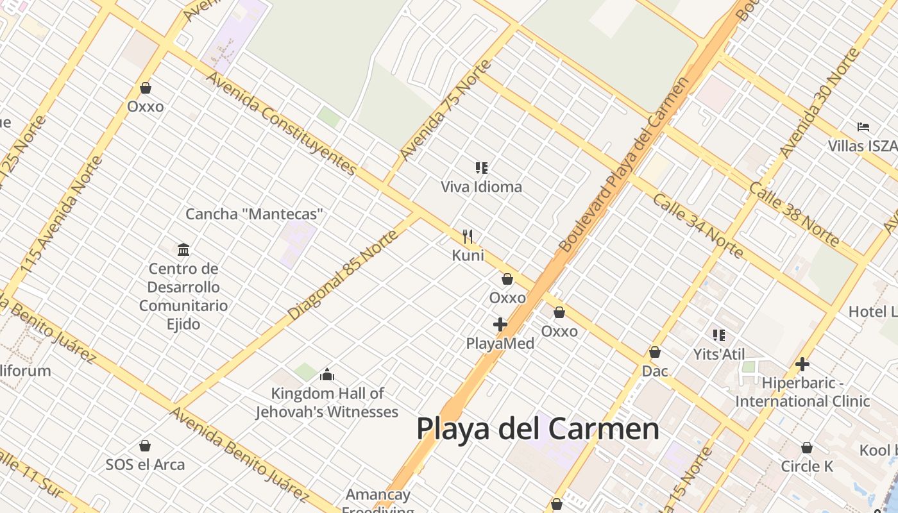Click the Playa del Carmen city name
click(x=538, y=428)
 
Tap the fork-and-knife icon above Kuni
click(x=468, y=237)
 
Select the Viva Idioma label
click(x=481, y=187)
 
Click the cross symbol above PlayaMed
click(x=500, y=324)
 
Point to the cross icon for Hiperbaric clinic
click(x=802, y=364)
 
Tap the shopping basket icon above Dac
click(x=655, y=352)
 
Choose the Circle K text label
click(x=806, y=466)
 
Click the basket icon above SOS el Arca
click(x=145, y=446)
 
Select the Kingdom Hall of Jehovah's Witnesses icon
click(x=327, y=374)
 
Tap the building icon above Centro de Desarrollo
click(x=183, y=249)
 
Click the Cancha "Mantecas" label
click(x=254, y=214)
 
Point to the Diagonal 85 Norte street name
click(x=343, y=275)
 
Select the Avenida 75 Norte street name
click(x=445, y=110)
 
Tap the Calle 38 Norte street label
click(x=793, y=214)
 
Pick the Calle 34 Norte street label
click(x=698, y=225)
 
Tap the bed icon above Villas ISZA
click(x=863, y=127)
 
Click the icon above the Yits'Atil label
click(x=719, y=335)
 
